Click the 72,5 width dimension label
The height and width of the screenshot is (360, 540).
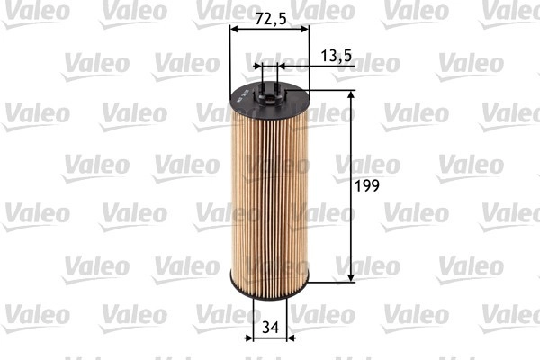(x=269, y=18)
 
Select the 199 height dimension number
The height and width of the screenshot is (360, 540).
(x=368, y=186)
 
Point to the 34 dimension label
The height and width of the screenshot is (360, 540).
(x=270, y=328)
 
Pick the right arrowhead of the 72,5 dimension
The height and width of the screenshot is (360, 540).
(x=305, y=30)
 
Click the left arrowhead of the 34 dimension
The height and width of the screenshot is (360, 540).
(x=250, y=339)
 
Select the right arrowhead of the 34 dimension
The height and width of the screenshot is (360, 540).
(x=290, y=339)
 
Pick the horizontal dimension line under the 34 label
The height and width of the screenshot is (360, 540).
(x=270, y=339)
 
